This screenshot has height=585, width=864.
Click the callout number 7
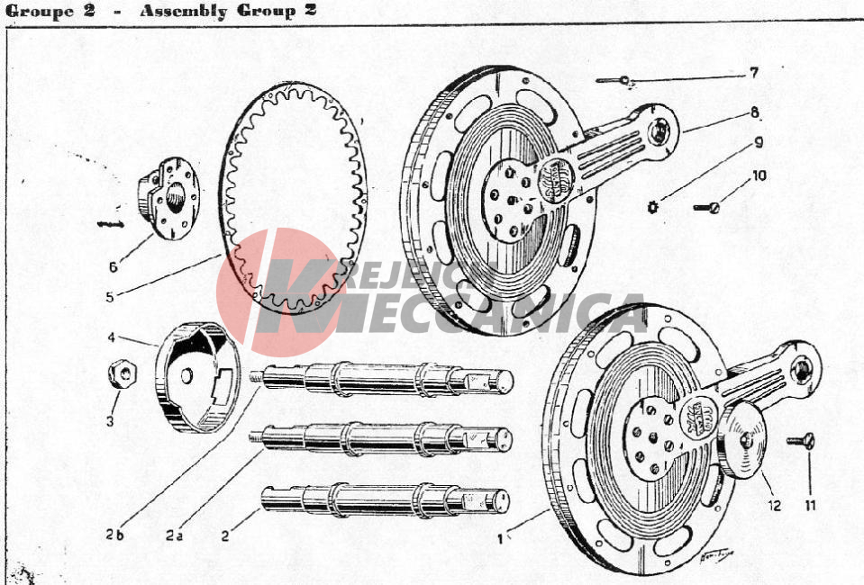[x=753, y=73]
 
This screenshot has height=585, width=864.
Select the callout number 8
[x=754, y=113]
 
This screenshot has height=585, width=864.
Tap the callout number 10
[x=759, y=175]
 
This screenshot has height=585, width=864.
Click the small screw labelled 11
[x=802, y=441]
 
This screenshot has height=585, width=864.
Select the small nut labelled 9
[x=653, y=208]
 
